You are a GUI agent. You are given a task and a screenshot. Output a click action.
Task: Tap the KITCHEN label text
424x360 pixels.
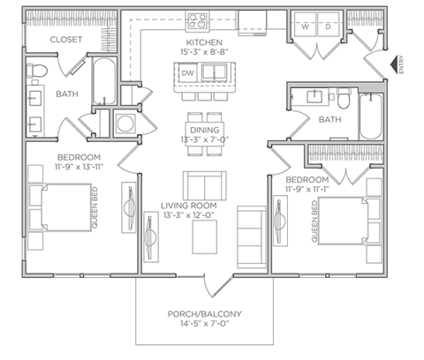[203, 42]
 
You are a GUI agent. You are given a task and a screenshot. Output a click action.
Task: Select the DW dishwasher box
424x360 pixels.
[189, 73]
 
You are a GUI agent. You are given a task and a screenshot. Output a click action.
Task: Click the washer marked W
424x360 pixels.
[305, 26]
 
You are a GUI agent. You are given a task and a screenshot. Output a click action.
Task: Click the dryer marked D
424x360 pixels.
[327, 26]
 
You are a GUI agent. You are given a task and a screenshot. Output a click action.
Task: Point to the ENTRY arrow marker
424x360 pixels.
[393, 64]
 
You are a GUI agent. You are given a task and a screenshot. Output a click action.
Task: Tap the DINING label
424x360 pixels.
[203, 131]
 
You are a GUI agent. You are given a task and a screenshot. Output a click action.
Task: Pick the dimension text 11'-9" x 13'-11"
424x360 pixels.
[56, 166]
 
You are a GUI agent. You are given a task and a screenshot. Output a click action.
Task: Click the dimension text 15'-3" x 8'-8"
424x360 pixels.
[203, 53]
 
